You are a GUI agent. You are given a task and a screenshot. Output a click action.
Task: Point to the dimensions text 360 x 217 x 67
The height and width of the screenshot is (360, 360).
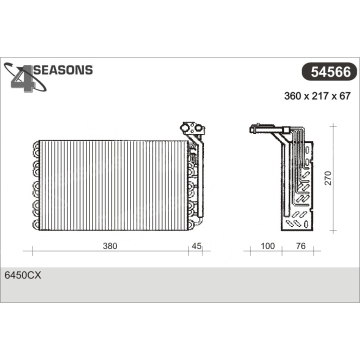click(317, 96)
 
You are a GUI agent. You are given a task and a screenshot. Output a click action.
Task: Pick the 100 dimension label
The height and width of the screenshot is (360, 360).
click(267, 245)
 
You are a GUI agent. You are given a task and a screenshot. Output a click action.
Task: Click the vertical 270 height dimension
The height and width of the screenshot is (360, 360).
click(327, 178)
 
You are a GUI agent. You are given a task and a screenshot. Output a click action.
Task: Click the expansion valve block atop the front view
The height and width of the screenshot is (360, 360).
click(192, 128)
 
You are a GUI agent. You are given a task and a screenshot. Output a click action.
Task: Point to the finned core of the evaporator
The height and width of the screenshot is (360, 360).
click(112, 185)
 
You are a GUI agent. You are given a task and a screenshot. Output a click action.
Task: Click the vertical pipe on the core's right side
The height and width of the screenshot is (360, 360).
click(200, 180)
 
